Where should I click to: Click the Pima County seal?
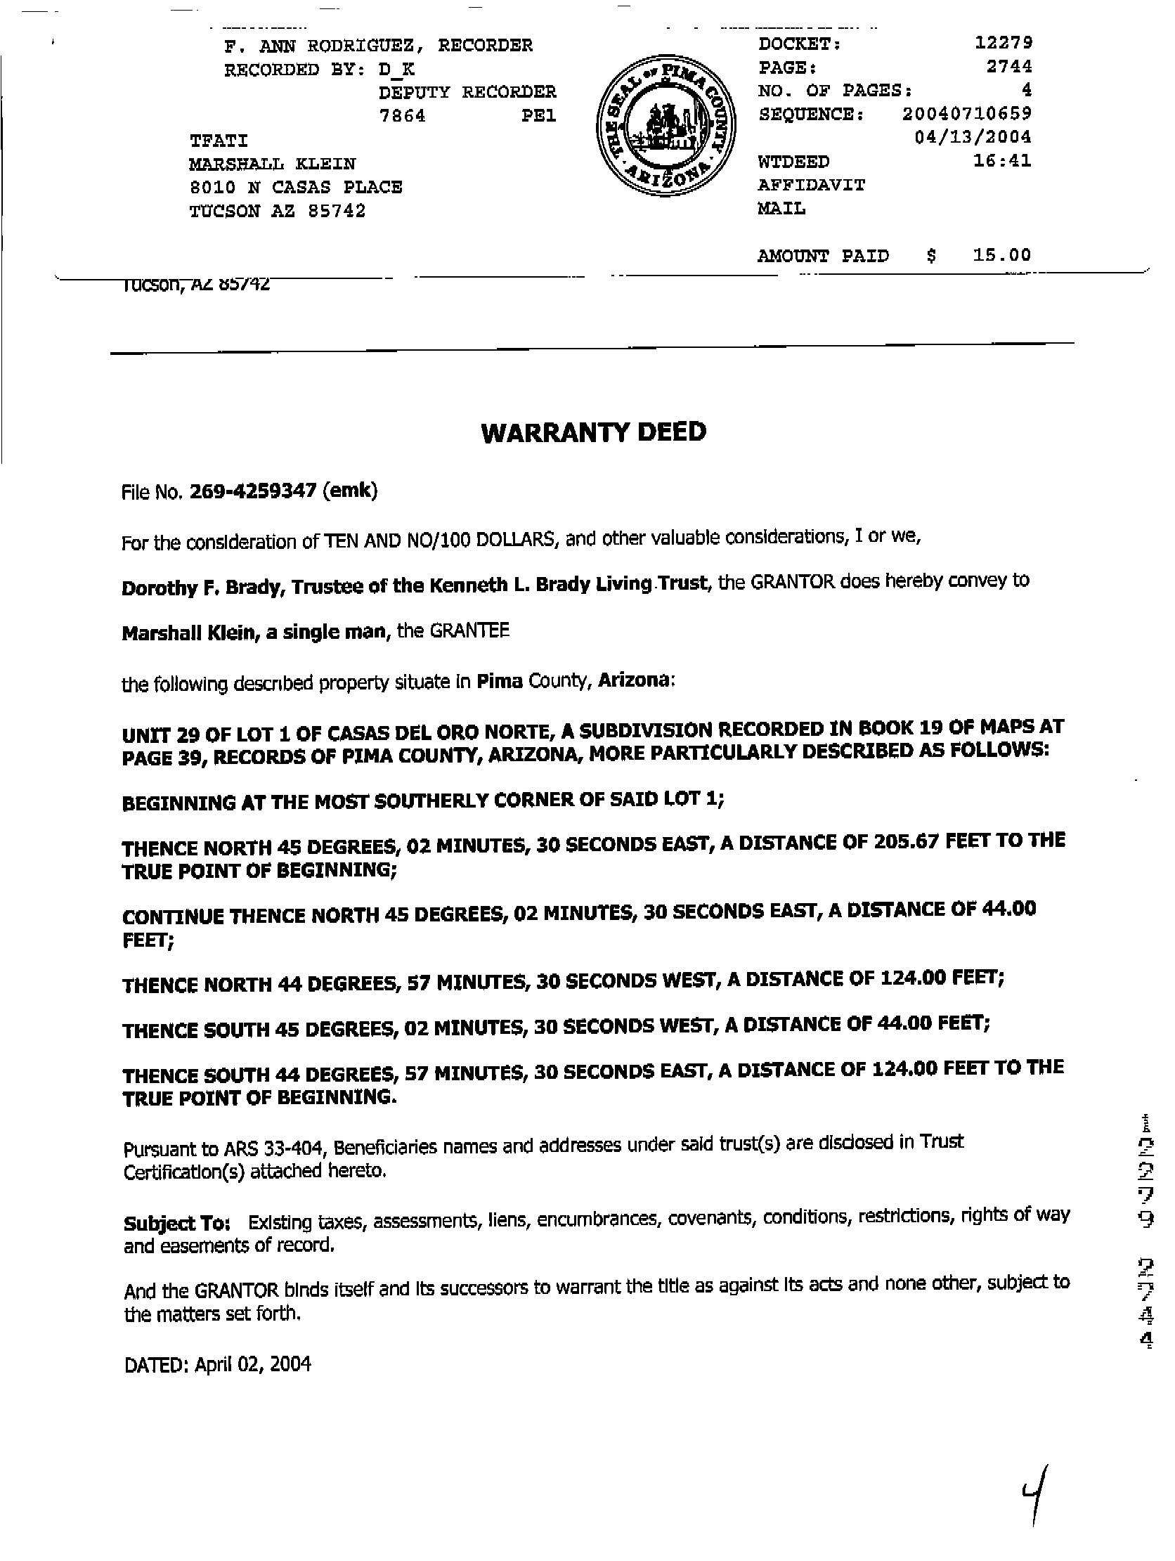[x=664, y=127]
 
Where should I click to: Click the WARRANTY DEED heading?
[x=593, y=432]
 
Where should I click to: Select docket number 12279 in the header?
[x=1003, y=43]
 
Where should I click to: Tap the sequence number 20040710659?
[x=966, y=113]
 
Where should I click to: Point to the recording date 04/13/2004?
[x=973, y=136]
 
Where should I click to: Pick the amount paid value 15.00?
[x=1001, y=254]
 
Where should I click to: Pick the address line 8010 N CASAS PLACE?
[x=296, y=188]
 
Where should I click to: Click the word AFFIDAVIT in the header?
[x=811, y=185]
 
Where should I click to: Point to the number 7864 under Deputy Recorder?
[x=402, y=116]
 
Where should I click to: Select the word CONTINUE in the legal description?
[x=174, y=916]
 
